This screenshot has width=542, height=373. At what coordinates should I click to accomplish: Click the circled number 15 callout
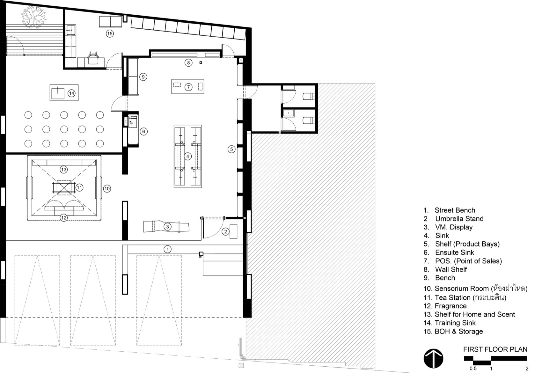coord(110,33)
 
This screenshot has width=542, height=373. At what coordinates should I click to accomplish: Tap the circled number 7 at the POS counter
coord(188,87)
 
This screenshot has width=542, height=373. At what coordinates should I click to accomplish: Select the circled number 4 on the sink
coord(187,157)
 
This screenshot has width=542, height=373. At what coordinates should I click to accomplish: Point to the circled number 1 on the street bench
coord(167,249)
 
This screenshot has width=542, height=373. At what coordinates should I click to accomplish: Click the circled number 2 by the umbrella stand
coord(225,232)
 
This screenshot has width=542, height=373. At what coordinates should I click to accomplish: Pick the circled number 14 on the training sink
coord(71,93)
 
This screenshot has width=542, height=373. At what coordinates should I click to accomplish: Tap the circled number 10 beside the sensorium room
coord(107,189)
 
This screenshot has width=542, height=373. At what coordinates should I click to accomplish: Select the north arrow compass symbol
coord(433,358)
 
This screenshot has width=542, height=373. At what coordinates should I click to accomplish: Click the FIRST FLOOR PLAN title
coord(495,349)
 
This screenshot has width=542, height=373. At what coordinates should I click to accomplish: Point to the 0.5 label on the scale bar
coord(473,369)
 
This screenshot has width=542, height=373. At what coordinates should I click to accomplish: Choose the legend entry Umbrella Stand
coord(459,219)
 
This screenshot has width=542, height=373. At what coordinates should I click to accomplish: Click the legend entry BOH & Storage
coord(458,331)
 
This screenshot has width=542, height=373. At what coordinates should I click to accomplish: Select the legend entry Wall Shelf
coord(451,269)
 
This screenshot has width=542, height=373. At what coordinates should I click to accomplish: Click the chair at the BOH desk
coord(93,58)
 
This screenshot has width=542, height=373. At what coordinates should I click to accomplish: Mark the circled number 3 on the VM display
coord(167,227)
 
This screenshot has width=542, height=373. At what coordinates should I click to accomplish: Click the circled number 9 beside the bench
coord(143,77)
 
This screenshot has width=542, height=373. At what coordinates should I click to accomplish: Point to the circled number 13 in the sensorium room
coord(64,170)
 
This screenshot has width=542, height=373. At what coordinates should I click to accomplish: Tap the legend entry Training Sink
coord(455,323)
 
